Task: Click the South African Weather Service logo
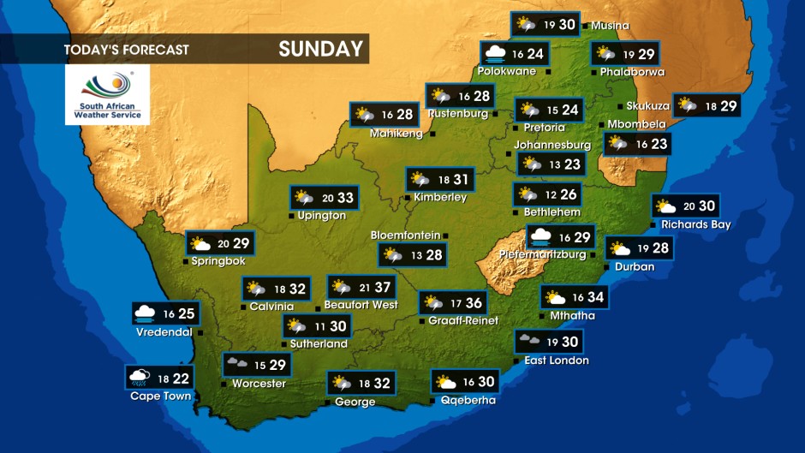coord(107,94)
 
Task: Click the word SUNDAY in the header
coord(321,49)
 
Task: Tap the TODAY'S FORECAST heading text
coord(126,50)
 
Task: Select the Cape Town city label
coord(160,396)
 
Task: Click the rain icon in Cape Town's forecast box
coord(140,377)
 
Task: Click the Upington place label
coord(322,216)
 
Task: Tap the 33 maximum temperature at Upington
coord(344,198)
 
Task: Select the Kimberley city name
coord(440,197)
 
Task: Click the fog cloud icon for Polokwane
coord(494,54)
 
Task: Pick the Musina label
coord(610,26)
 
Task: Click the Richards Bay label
coord(695,224)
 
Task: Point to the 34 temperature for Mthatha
coord(595,297)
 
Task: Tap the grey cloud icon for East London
coord(528,341)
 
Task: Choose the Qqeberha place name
coord(468,400)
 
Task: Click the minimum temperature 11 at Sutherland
coord(319,326)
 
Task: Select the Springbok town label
coord(218,261)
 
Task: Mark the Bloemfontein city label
coord(405,235)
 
